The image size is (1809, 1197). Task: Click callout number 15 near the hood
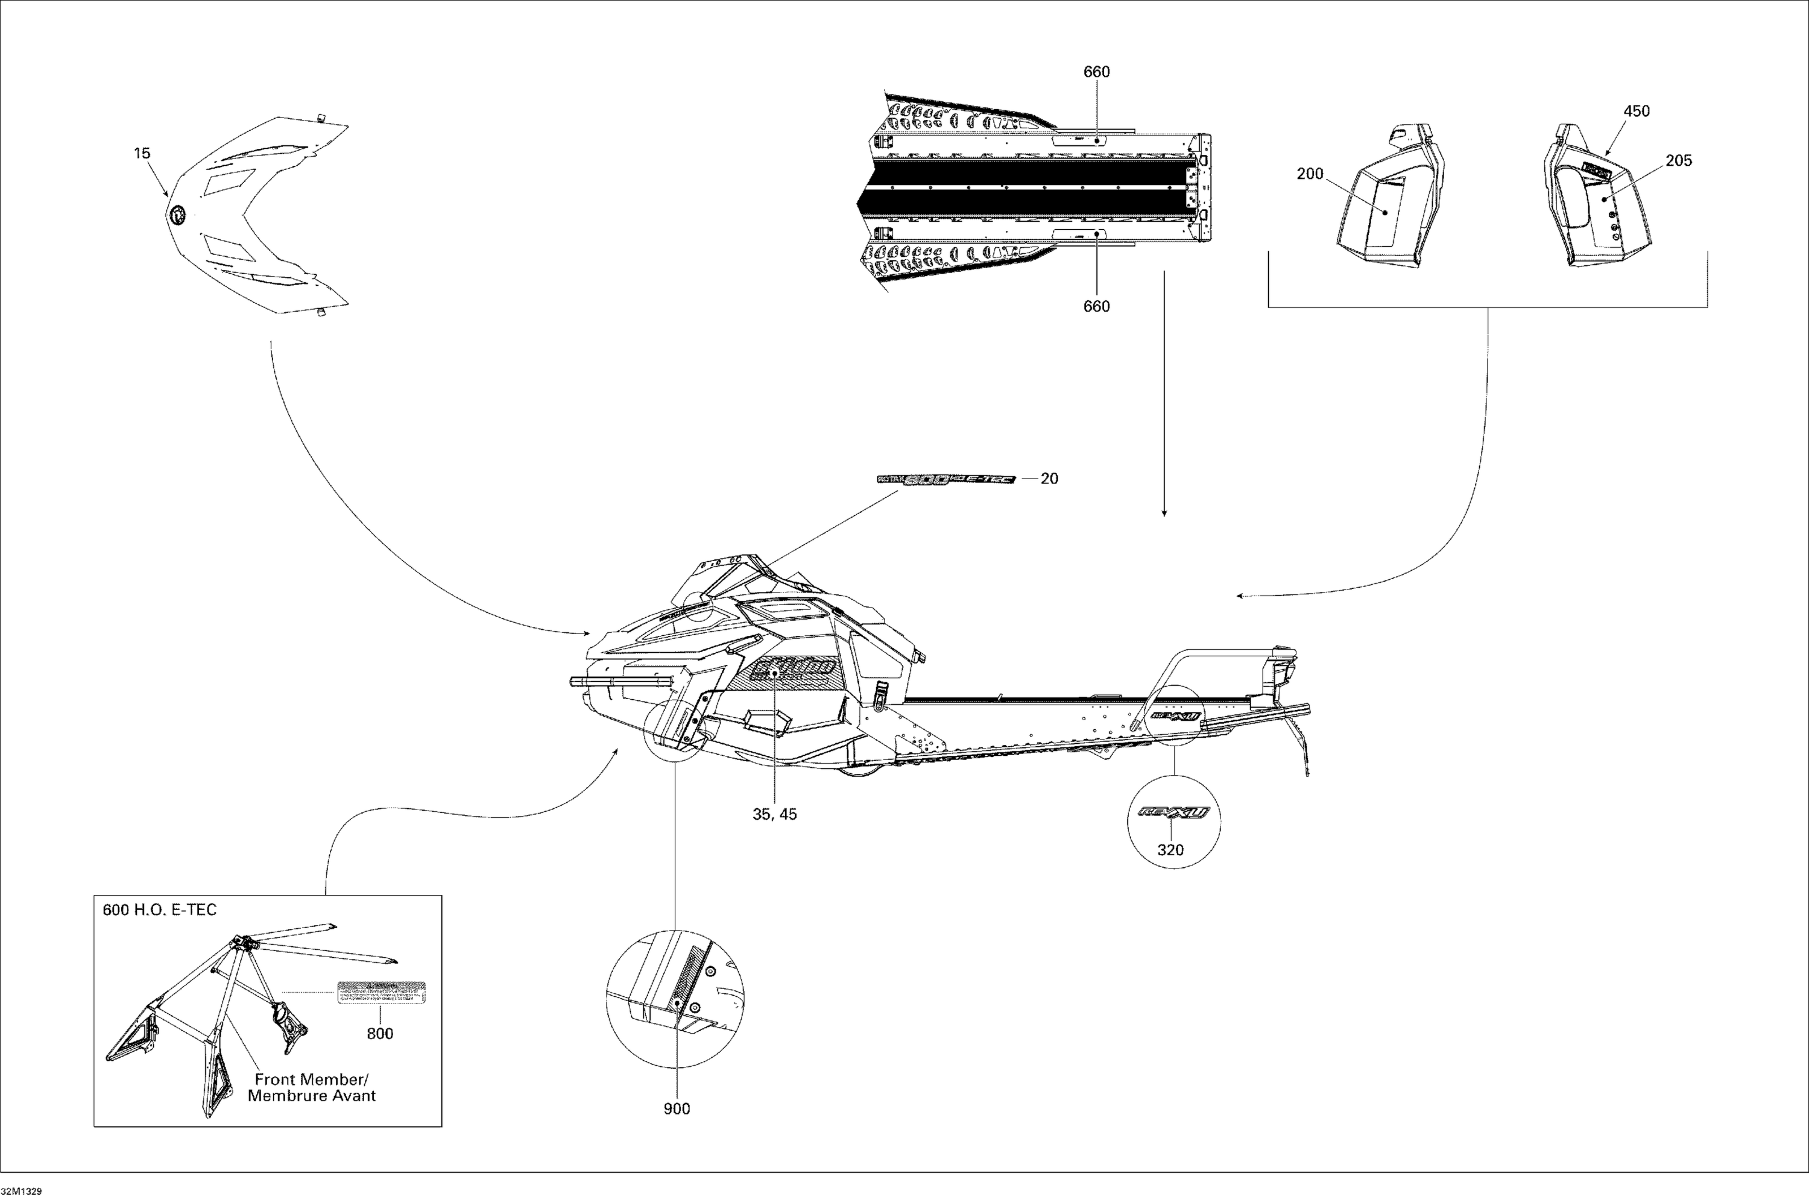[142, 154]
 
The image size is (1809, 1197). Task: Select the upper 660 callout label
[1096, 72]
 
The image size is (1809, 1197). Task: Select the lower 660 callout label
[1096, 306]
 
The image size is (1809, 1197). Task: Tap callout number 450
[1637, 111]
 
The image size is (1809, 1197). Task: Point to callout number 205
[1678, 160]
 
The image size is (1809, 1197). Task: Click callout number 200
[1310, 174]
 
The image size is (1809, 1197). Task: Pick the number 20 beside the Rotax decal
[1050, 479]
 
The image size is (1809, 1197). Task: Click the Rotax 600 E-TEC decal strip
[946, 479]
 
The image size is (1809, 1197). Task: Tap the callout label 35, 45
[774, 814]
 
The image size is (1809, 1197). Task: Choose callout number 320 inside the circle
[1170, 850]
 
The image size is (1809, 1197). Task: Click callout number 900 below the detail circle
[677, 1109]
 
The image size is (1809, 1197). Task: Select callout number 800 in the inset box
[379, 1034]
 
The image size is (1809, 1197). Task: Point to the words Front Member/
[312, 1079]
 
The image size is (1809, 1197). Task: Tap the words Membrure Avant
[312, 1096]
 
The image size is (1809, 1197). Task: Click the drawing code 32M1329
[21, 1191]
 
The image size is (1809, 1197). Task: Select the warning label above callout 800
[381, 993]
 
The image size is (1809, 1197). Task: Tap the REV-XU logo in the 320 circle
[1173, 812]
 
